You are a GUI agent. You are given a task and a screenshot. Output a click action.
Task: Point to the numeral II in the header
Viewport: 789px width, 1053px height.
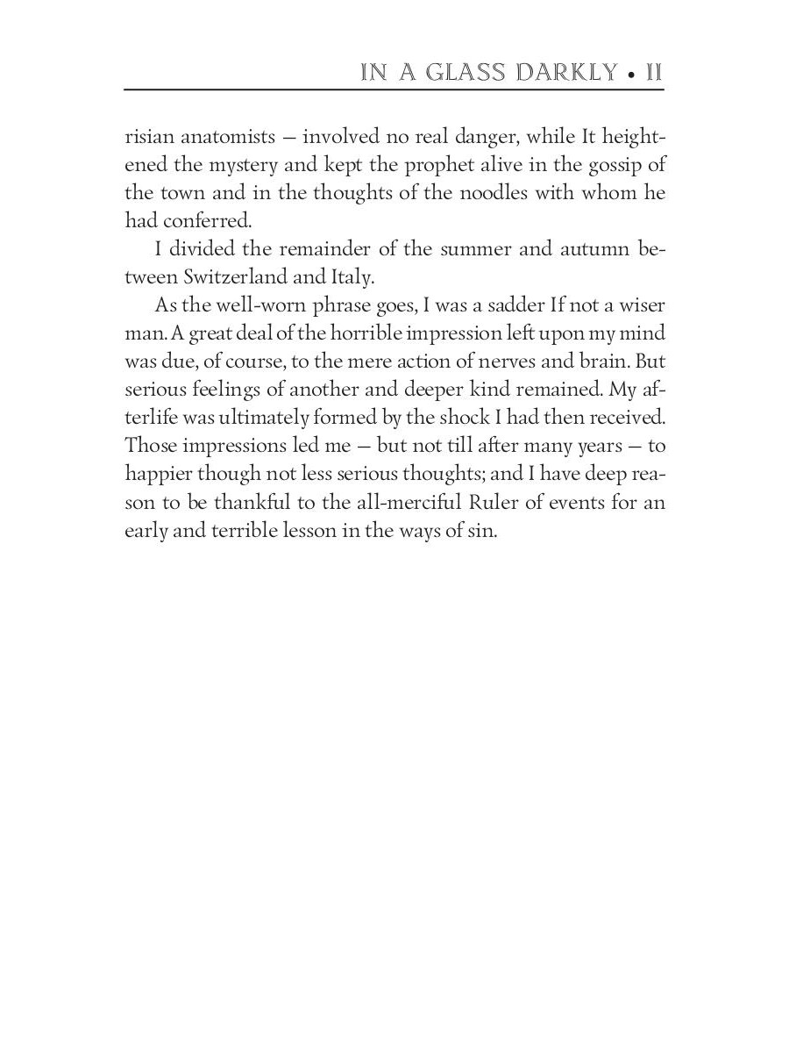(653, 73)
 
